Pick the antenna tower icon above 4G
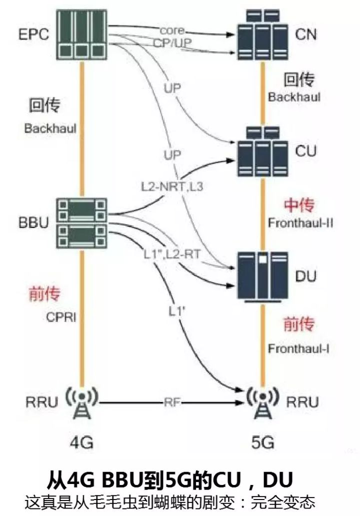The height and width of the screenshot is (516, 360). [81, 402]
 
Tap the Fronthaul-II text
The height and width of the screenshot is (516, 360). [300, 223]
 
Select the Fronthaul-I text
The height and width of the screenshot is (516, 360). [298, 348]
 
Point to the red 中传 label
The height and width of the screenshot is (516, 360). [298, 205]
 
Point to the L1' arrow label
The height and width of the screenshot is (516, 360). [175, 310]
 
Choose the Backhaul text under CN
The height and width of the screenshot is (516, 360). [293, 97]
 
